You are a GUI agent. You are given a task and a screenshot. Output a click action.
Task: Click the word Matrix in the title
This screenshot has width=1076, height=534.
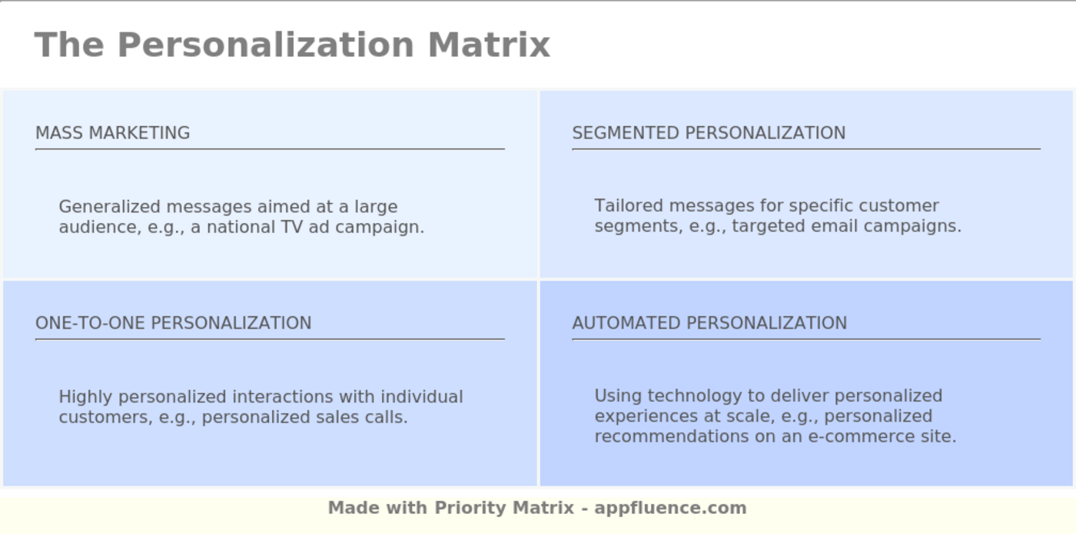[x=489, y=45]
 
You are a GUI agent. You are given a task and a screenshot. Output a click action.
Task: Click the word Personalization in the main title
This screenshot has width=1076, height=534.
[x=265, y=45]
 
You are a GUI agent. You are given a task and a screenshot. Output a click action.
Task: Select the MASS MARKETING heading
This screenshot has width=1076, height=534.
[x=112, y=133]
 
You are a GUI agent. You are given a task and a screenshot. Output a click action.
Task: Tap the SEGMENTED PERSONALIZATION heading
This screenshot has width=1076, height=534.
[x=709, y=133]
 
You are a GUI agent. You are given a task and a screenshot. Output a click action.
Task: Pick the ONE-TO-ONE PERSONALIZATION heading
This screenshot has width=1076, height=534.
[x=173, y=323]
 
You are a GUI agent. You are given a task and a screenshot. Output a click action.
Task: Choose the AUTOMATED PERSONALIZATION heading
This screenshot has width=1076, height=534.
[x=709, y=323]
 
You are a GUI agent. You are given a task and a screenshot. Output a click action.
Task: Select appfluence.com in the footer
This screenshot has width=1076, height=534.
[x=670, y=508]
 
